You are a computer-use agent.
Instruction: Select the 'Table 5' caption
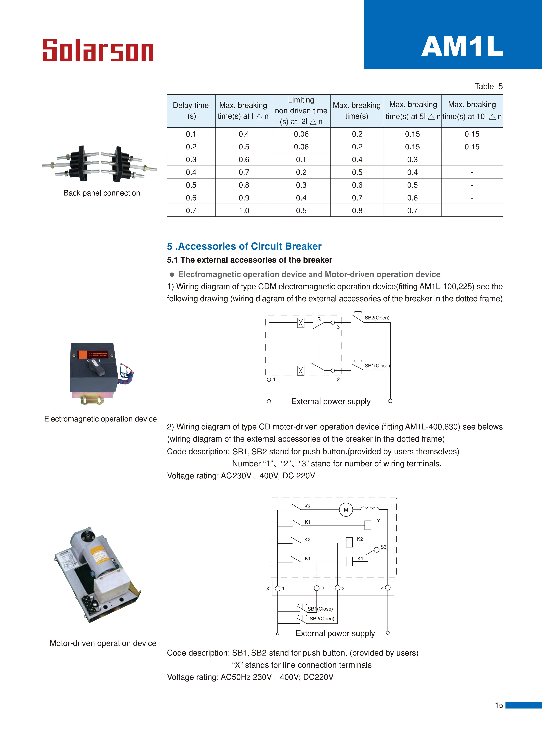[x=488, y=86]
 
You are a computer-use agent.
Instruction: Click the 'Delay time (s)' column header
[x=191, y=111]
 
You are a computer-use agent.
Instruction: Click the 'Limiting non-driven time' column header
[x=301, y=111]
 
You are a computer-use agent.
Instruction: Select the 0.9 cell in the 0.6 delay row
[x=244, y=198]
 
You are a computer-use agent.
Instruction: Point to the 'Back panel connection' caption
[x=102, y=193]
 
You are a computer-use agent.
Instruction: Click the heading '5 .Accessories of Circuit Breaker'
[x=244, y=246]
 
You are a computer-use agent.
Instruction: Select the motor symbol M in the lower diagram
[x=346, y=510]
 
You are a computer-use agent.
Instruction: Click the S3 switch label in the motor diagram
[x=383, y=547]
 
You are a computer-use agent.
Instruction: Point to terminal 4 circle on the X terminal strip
[x=388, y=588]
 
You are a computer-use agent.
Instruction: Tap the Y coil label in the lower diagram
[x=378, y=520]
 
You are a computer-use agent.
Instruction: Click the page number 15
[x=499, y=705]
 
